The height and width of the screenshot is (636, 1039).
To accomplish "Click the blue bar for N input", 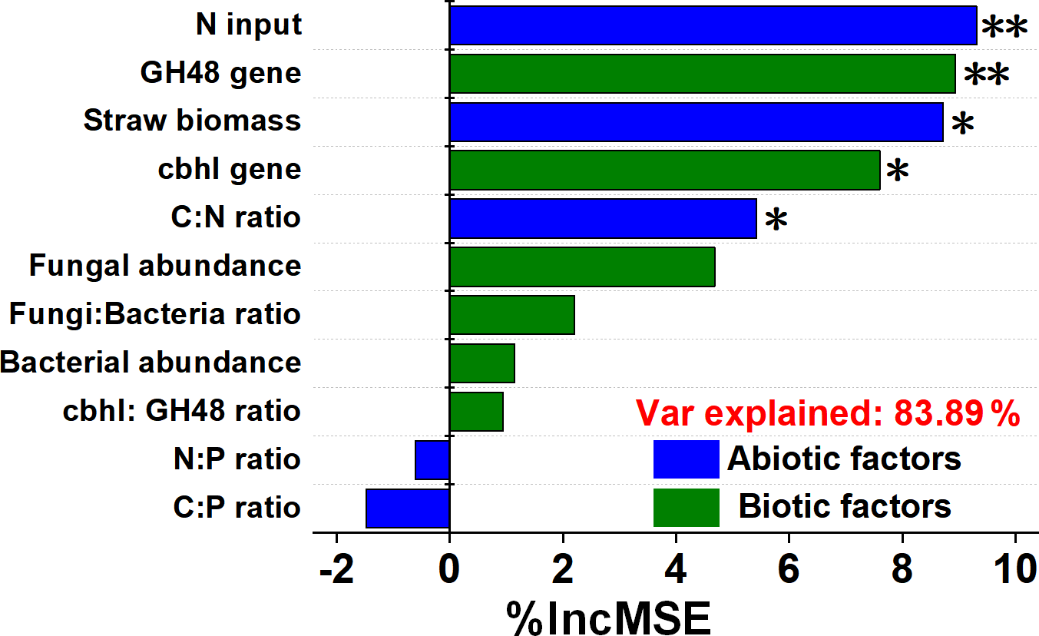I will click(713, 25).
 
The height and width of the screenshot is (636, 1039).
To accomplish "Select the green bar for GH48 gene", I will click(702, 74).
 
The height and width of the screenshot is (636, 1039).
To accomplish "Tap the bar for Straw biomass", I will click(696, 122).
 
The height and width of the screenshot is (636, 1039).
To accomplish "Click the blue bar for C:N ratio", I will click(603, 218).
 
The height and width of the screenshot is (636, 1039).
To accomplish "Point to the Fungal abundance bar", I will click(582, 267).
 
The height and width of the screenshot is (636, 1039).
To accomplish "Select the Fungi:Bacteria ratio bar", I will click(511, 315).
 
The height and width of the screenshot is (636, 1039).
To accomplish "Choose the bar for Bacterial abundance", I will click(481, 363).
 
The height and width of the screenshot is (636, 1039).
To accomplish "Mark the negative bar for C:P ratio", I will click(408, 508).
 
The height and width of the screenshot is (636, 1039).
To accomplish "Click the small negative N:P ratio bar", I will click(432, 460).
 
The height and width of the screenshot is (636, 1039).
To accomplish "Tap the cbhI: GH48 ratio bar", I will click(476, 412).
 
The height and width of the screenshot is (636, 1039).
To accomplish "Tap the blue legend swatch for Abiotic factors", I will click(686, 459).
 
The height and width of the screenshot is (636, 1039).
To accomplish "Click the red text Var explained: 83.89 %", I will click(827, 415).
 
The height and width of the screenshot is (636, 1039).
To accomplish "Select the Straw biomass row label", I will click(192, 121).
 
